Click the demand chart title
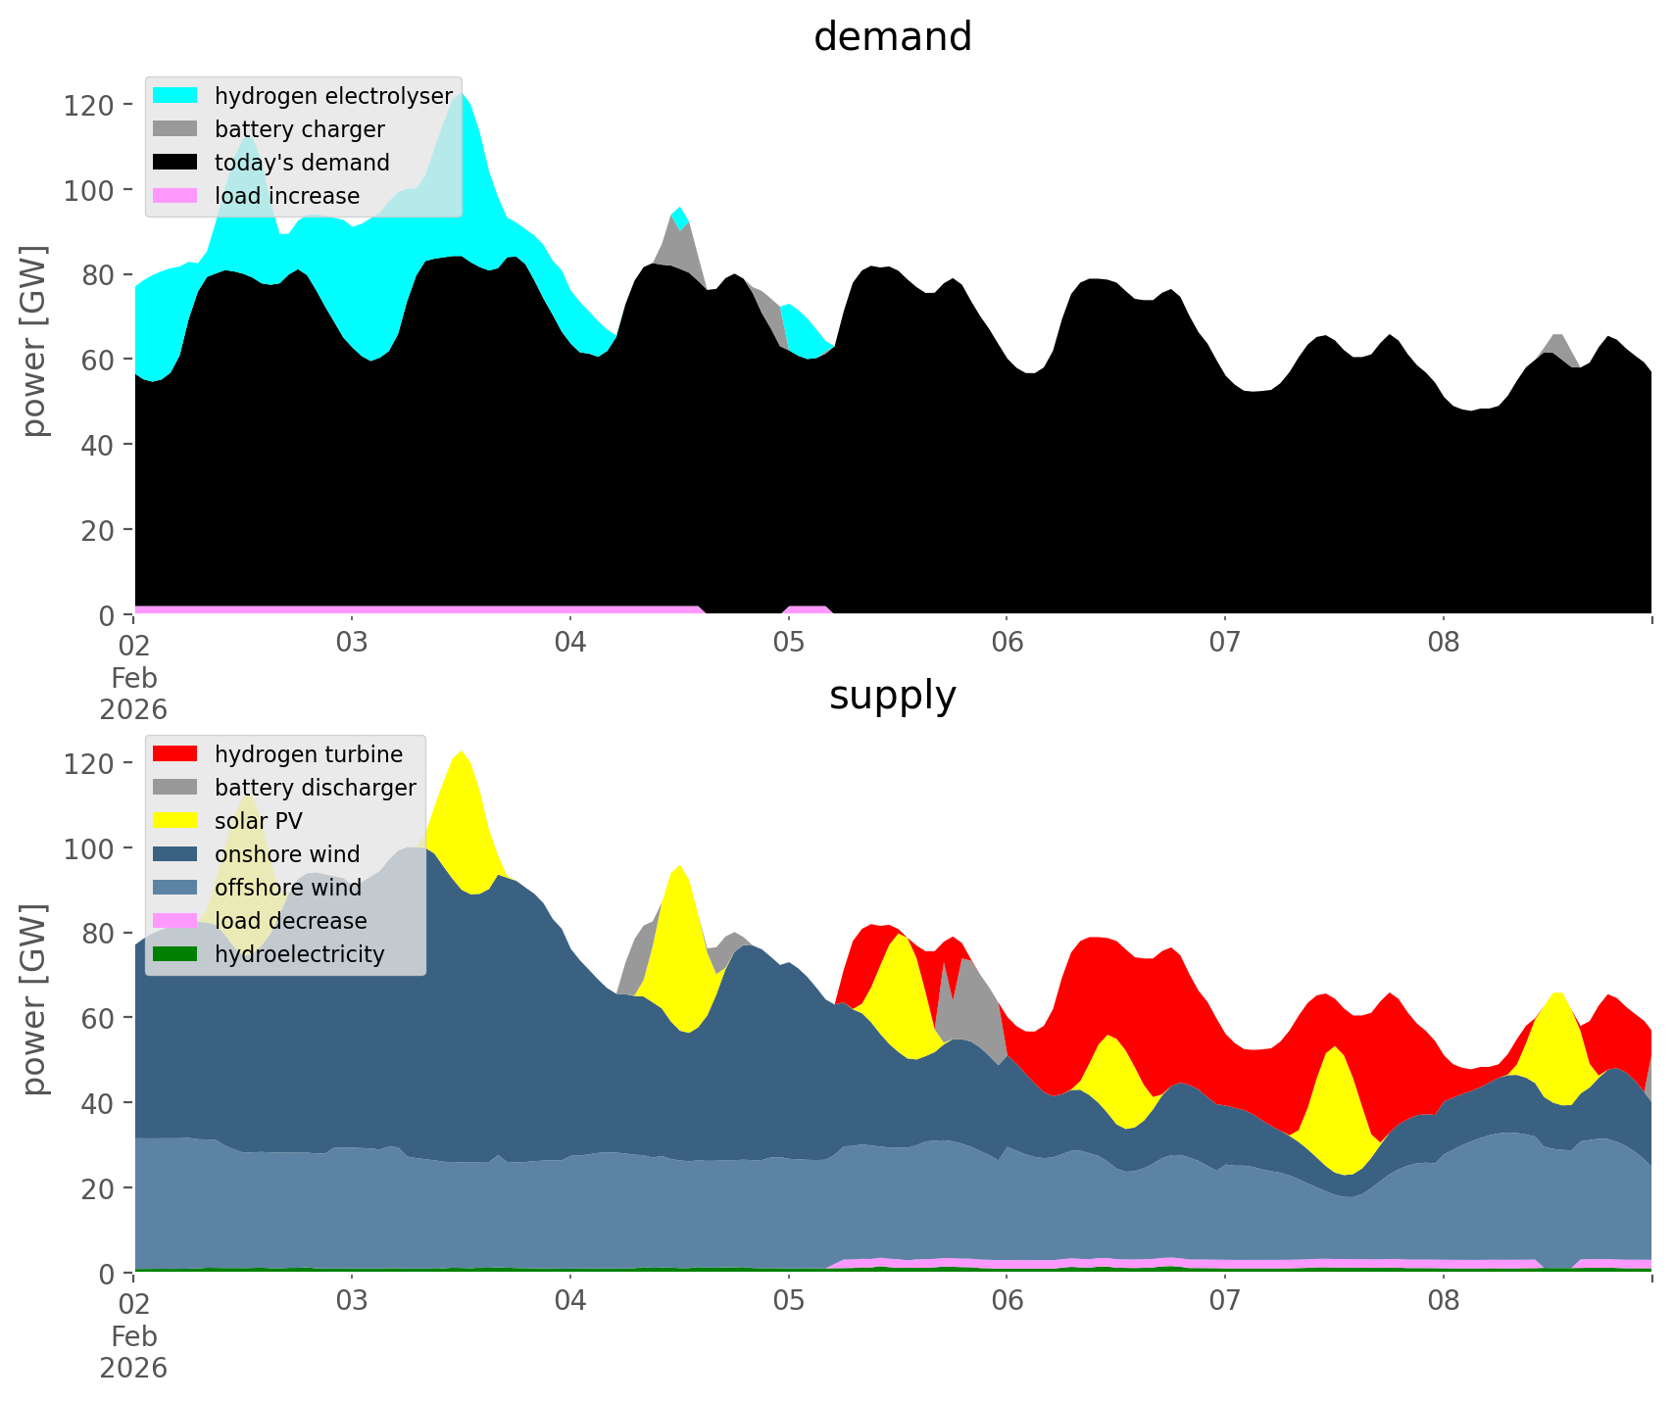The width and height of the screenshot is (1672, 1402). tap(892, 37)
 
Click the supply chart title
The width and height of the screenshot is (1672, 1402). tap(892, 696)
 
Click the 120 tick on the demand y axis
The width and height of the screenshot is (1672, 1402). tap(88, 105)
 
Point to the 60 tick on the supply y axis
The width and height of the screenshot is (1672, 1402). tap(98, 1018)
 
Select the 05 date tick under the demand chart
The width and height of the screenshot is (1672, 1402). tap(788, 644)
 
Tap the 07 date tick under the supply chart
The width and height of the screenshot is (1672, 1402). tap(1224, 1302)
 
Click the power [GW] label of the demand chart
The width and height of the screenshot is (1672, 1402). tap(34, 341)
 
